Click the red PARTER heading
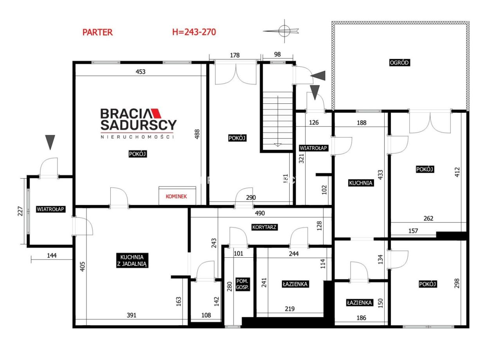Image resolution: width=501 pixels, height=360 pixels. point(97,32)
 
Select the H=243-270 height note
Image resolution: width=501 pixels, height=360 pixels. point(194,32)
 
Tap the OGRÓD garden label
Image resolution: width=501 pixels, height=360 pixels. point(399,62)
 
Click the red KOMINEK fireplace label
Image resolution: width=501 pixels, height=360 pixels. point(176,196)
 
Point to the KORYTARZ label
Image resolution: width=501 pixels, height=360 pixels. point(264,227)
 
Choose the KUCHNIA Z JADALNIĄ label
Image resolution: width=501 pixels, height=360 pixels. point(132,261)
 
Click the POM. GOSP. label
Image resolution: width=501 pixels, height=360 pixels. point(242,284)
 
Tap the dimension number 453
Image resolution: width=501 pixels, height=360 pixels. point(141,72)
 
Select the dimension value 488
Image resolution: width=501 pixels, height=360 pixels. point(197,134)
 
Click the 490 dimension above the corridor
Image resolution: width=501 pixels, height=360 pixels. point(260,213)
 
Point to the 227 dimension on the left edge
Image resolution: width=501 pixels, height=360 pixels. point(20,211)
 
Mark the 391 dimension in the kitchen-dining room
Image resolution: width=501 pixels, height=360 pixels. point(132,315)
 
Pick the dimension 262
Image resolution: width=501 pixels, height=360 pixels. point(428,218)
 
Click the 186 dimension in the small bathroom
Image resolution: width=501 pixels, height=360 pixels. point(361,318)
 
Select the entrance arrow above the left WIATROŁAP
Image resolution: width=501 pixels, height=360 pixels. point(50,142)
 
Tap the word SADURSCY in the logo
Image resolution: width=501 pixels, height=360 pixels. point(139,125)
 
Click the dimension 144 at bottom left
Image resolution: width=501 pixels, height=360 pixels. point(52,255)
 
